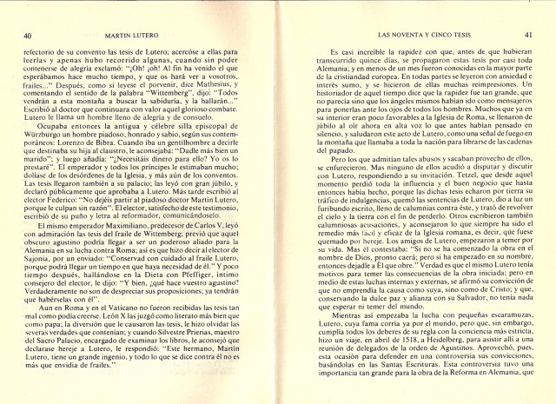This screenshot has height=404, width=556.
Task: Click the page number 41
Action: pyautogui.click(x=527, y=35)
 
